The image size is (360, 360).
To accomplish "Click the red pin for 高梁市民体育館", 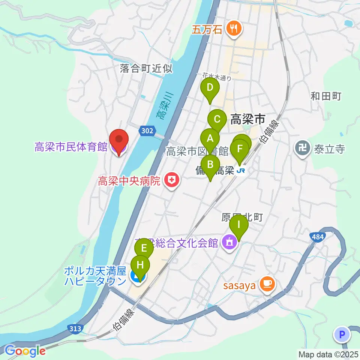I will point(119,141).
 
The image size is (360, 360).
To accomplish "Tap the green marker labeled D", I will point(210,89).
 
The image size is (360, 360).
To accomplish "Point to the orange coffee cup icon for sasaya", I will point(267,285).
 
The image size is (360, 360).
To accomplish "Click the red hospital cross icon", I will point(172,181).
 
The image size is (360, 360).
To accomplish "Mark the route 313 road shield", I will point(75,328).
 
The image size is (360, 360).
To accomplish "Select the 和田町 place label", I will point(326,96).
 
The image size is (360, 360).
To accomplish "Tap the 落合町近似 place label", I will point(147,68).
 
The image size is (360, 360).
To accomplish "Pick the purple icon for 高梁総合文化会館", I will point(229,243).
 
